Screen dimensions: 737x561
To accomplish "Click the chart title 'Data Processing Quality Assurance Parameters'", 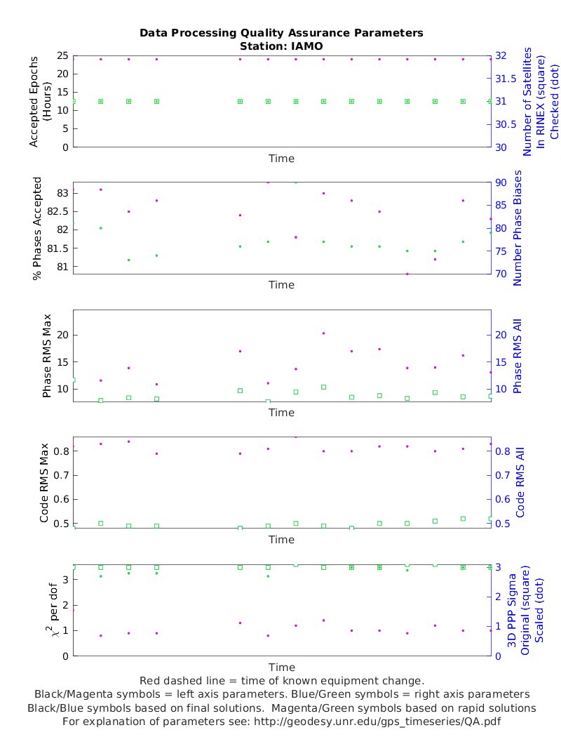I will [x=281, y=33].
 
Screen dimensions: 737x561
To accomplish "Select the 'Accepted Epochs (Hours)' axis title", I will [x=41, y=101].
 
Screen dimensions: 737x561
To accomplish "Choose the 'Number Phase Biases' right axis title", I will [x=518, y=228].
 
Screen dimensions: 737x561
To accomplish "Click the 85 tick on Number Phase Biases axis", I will [x=502, y=206].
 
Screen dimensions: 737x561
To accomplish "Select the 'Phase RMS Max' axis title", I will [x=46, y=356].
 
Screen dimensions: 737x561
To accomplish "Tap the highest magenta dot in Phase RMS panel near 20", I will [x=323, y=333].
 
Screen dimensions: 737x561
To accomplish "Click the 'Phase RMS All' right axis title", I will [x=518, y=356].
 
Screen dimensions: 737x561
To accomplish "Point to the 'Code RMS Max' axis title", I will [x=44, y=483].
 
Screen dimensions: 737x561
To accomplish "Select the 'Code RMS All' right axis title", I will [x=520, y=483].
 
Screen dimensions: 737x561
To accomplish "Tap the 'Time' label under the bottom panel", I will [x=281, y=667].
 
